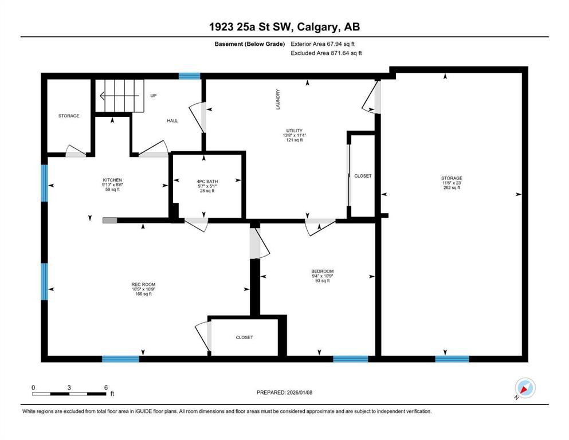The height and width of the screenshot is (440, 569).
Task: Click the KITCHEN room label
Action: click(112, 180)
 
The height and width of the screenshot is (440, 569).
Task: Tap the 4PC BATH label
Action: click(207, 182)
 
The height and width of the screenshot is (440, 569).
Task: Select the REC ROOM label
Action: click(143, 284)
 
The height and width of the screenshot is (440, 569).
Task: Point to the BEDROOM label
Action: click(322, 272)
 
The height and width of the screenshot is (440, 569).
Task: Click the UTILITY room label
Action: click(295, 131)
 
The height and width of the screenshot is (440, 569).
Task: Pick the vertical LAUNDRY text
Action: click(278, 99)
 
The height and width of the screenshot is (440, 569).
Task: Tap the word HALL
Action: click(172, 121)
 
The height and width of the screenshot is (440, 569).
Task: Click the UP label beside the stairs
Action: click(154, 96)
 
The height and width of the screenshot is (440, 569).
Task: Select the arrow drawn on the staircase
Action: click(119, 96)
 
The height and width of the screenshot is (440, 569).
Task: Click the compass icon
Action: click(525, 388)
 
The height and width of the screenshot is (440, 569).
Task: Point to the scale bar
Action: click(69, 394)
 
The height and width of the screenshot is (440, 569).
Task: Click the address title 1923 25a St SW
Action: click(253, 27)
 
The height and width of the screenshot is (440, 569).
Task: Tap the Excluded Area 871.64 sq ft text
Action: click(326, 53)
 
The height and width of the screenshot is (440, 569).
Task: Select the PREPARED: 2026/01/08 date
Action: click(284, 392)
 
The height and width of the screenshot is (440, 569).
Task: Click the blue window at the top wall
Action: click(190, 76)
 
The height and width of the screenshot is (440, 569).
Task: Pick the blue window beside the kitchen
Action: click(44, 183)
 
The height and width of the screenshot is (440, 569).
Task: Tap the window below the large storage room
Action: click(452, 359)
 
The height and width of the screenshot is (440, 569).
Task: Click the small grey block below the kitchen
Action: click(110, 220)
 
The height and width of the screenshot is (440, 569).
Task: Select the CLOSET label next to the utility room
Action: click(363, 176)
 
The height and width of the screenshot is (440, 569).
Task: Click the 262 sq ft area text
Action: click(452, 187)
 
